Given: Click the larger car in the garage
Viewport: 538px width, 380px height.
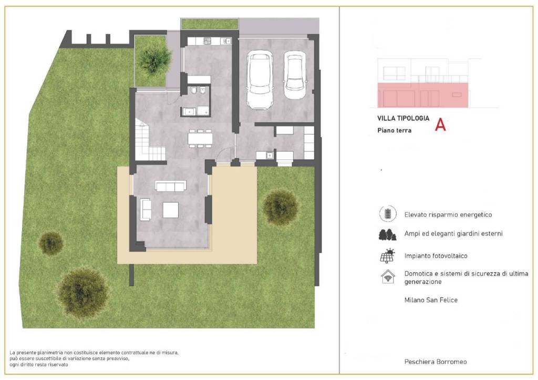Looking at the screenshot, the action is pos(260,80).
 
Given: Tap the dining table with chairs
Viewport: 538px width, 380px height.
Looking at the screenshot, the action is pos(200,138).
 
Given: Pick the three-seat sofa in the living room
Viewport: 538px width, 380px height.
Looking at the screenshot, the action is pos(171,186).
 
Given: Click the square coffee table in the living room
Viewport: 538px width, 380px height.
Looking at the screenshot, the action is pos(171,210).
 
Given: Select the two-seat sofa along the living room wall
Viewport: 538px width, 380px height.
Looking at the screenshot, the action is pos(146,209).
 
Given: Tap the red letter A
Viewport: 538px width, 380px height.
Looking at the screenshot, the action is pos(440,125).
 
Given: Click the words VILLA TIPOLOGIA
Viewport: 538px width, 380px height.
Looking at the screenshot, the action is pos(403,118).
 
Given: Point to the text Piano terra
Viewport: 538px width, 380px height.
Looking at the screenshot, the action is pos(394,130).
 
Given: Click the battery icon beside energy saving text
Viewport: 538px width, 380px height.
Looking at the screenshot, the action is pos(388,213).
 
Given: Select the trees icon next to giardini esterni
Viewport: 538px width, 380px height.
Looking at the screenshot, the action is pos(387,234).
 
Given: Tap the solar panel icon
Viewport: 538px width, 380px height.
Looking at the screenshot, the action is pos(388,256).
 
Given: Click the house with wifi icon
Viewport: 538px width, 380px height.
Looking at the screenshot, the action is pos(388,276).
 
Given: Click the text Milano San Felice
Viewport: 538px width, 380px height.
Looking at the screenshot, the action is pos(431,300).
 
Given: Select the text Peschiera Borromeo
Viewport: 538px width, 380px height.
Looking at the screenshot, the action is pos(436,362).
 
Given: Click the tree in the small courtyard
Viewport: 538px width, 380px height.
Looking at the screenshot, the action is pos(154,59).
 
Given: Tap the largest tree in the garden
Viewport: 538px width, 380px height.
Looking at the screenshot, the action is pos(83,293).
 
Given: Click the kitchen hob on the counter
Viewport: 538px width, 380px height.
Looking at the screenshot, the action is pos(208,41).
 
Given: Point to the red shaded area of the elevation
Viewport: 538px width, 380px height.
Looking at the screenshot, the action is pos(423,95).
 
